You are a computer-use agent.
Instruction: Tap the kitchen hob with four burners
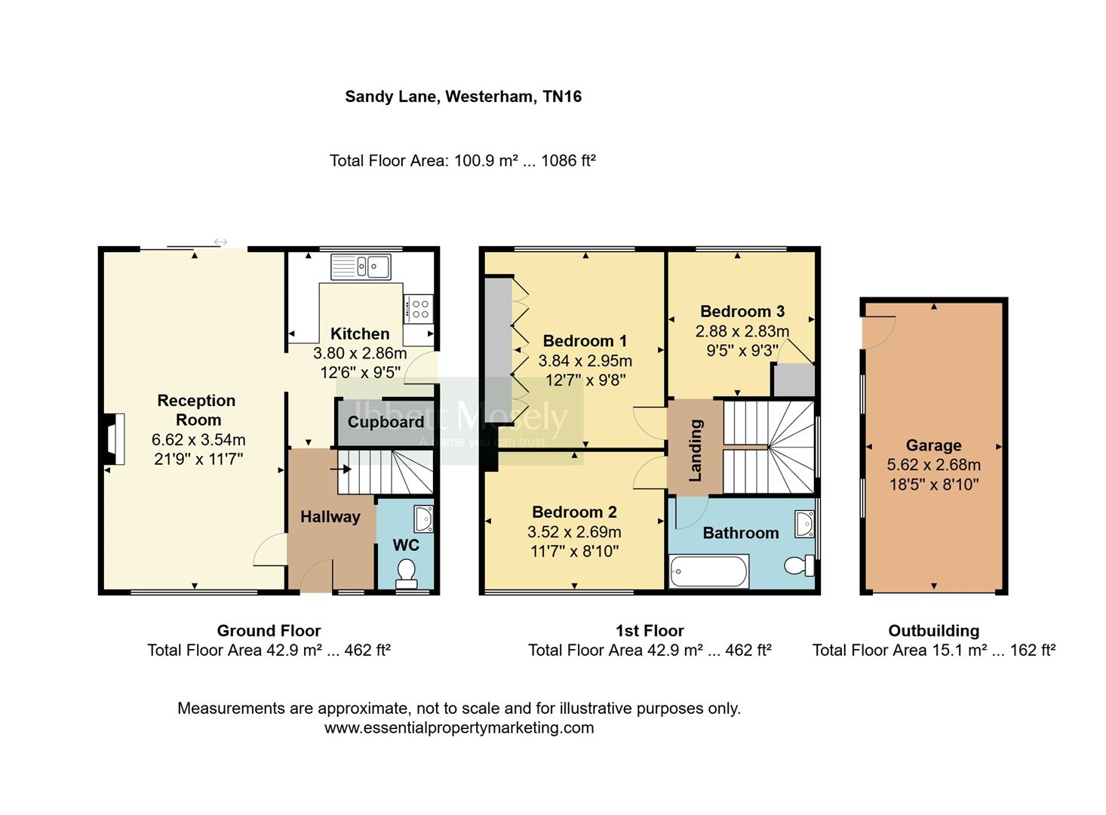[x=419, y=308]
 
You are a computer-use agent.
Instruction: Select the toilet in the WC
[x=407, y=573]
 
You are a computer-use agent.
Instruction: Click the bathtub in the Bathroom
[x=708, y=571]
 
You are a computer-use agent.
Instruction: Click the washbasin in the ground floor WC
[x=424, y=518]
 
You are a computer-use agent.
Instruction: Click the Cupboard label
[x=386, y=423]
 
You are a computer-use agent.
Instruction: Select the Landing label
[x=695, y=451]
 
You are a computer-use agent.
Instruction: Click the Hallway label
[x=330, y=517]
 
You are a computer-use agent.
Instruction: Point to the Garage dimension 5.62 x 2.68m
[x=933, y=465]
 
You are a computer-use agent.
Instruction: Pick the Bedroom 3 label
[x=742, y=311]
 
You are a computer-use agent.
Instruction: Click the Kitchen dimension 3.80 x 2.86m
[x=360, y=353]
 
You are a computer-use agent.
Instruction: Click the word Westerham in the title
[x=490, y=97]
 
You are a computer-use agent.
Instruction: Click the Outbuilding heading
[x=933, y=631]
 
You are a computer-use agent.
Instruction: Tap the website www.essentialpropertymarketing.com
[x=459, y=728]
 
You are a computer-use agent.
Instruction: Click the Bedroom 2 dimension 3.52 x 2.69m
[x=574, y=532]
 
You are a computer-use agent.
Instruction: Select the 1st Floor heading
[x=650, y=631]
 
